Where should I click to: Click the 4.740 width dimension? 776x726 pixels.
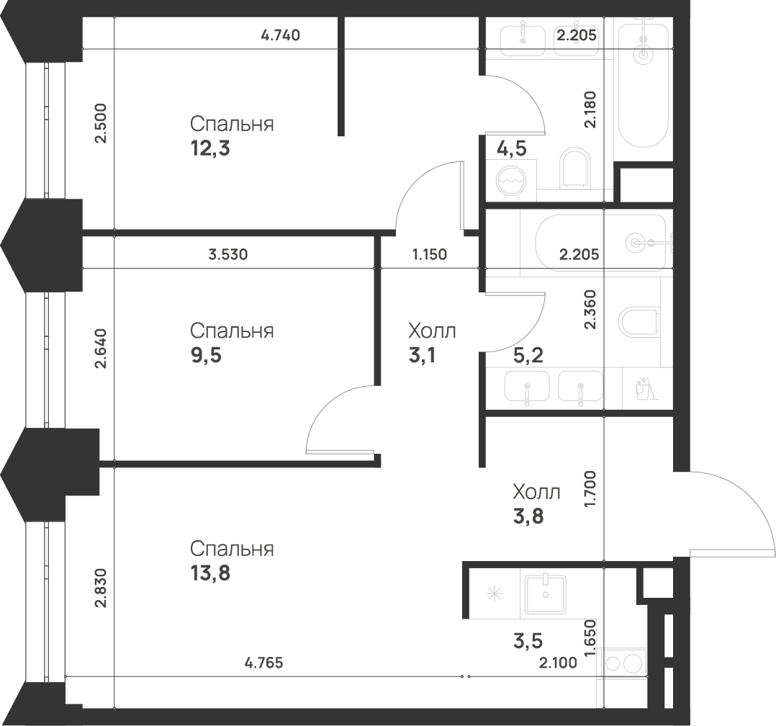280,35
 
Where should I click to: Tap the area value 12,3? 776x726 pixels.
209,149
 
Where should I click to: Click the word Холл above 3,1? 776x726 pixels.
432,331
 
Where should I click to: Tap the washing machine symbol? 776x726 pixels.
512,180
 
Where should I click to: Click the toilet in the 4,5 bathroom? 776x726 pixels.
574,168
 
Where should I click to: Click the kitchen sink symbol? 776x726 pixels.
546,594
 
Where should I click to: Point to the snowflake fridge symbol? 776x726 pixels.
494,594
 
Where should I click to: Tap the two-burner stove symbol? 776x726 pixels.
624,663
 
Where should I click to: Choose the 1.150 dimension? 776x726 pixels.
430,254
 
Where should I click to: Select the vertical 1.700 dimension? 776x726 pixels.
591,488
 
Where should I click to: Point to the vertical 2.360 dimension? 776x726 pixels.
591,310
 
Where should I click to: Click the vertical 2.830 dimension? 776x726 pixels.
101,588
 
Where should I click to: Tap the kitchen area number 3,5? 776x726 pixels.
527,641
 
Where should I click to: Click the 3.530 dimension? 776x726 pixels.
228,254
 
